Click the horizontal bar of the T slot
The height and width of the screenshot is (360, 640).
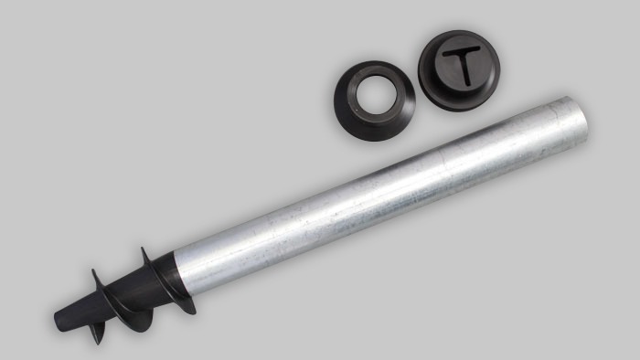[x=461, y=52]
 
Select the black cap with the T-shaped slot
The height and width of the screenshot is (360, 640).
[x=459, y=70]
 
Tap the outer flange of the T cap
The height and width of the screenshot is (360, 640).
[x=429, y=90]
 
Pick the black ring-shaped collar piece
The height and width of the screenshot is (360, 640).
[x=375, y=101]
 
